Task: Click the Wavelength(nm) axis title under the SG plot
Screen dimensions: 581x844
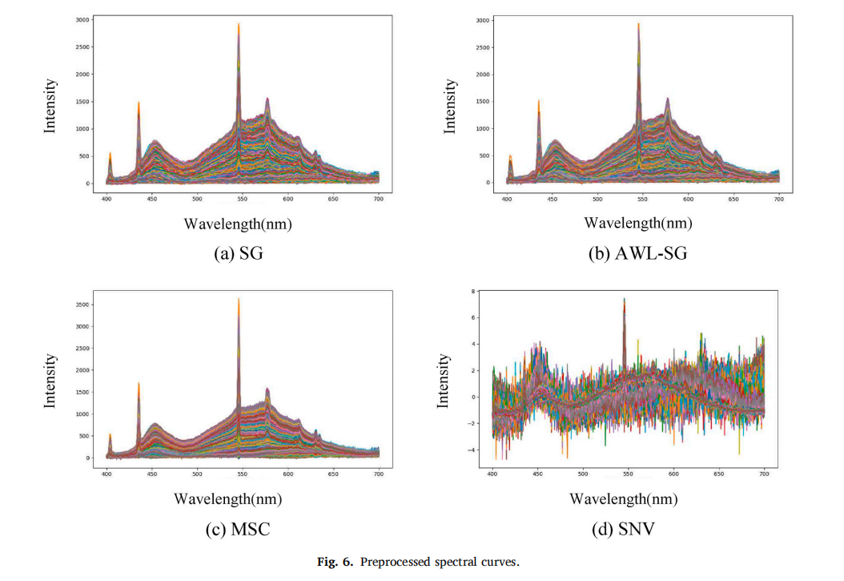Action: coord(238,224)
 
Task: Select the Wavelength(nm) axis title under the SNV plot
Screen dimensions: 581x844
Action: coord(623,498)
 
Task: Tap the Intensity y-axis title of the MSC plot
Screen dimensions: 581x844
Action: coord(50,381)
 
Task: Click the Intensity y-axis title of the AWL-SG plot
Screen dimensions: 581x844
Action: coord(451,105)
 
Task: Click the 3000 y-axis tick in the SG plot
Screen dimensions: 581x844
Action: coord(82,19)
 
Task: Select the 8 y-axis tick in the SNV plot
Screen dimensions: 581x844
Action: coord(474,291)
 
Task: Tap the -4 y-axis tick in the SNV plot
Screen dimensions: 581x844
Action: coord(472,450)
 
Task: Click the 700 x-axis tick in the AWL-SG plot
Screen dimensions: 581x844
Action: coord(778,197)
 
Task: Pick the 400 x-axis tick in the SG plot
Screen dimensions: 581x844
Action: coord(107,198)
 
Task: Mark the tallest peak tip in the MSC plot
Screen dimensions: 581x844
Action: coord(239,299)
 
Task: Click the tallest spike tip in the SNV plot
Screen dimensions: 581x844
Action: coord(624,299)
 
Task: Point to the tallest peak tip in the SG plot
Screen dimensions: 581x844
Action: coord(239,24)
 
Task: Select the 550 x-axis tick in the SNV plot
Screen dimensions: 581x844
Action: coord(628,474)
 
